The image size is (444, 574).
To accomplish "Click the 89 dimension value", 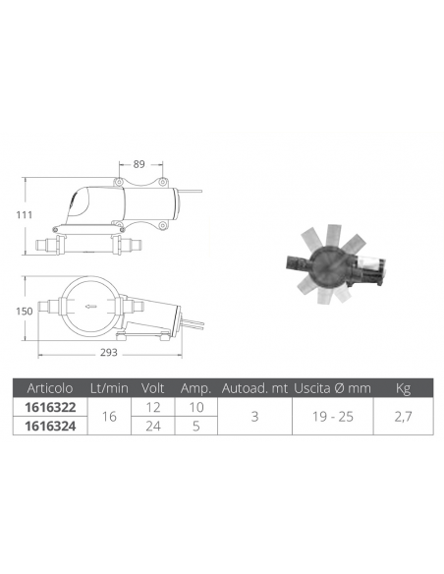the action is tap(139, 164).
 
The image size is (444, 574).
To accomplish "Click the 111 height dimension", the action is tap(25, 215).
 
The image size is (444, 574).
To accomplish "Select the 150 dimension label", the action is tap(25, 312).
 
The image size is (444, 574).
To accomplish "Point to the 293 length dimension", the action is tap(109, 353).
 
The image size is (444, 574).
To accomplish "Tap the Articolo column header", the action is tap(50, 388).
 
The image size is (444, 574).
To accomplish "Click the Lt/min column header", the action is tap(109, 388).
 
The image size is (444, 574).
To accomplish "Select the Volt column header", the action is tap(152, 388).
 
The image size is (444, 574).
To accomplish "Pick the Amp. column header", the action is tap(196, 388).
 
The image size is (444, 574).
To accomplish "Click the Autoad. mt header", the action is tap(255, 388).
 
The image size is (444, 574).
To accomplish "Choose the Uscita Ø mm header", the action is tap(332, 388).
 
